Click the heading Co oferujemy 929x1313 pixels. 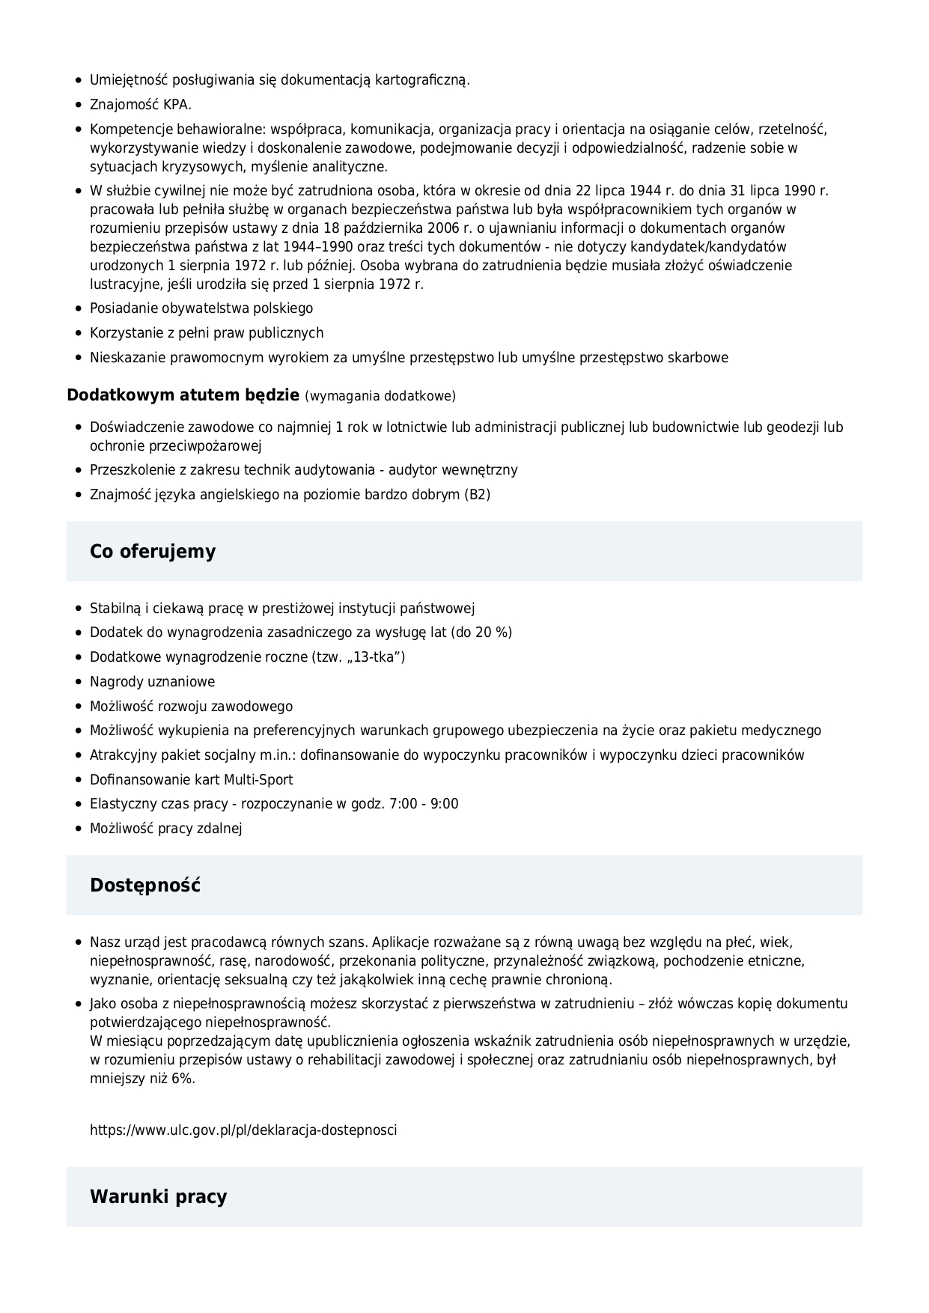pyautogui.click(x=153, y=552)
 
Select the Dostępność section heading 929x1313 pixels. pyautogui.click(x=145, y=886)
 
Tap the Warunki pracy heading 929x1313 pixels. pyautogui.click(x=158, y=1197)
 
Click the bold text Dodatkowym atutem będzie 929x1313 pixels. pyautogui.click(x=183, y=395)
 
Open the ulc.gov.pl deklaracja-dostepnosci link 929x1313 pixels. pyautogui.click(x=243, y=1130)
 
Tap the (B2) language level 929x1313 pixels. pyautogui.click(x=478, y=495)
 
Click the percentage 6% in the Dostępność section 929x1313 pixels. pyautogui.click(x=182, y=1079)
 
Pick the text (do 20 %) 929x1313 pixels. pyautogui.click(x=481, y=633)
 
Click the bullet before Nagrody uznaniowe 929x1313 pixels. pyautogui.click(x=79, y=683)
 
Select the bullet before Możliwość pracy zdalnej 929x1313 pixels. pyautogui.click(x=79, y=829)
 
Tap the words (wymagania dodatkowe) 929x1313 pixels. pyautogui.click(x=380, y=396)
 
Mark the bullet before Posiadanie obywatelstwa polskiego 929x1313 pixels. pyautogui.click(x=79, y=309)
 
